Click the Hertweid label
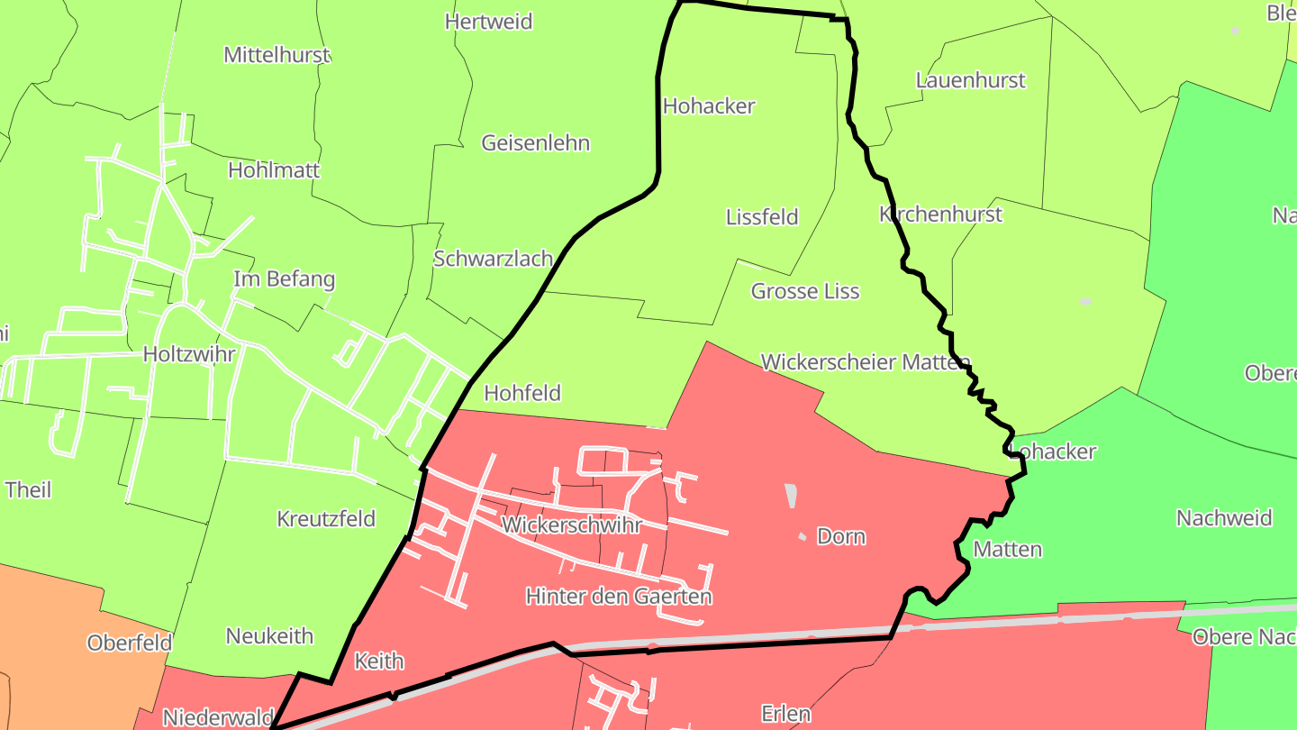[489, 22]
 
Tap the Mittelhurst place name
[277, 55]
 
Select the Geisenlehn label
[535, 143]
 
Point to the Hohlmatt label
[274, 170]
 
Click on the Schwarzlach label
[493, 259]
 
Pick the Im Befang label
[284, 279]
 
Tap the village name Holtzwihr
[189, 354]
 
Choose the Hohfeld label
[522, 393]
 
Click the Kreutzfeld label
[326, 519]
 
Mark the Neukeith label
[269, 636]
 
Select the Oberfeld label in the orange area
[130, 643]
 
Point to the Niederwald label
[217, 717]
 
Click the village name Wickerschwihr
[572, 525]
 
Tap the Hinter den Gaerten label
[619, 597]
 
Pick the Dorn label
[840, 537]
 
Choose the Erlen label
[785, 715]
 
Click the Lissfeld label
[762, 217]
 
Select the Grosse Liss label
[805, 291]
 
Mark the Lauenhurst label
[970, 80]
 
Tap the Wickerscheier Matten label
[866, 362]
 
